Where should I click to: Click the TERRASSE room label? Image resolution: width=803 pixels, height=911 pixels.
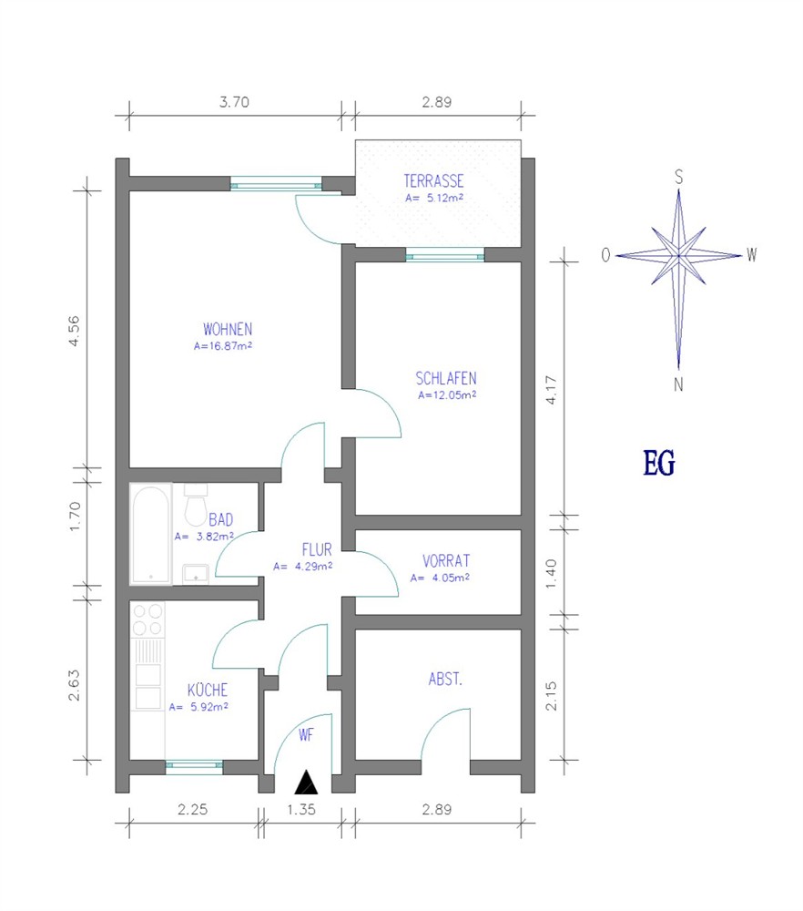tap(433, 180)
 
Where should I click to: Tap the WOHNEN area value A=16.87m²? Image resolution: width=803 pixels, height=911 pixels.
tap(223, 346)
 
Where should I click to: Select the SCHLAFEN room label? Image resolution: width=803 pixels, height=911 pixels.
tap(446, 379)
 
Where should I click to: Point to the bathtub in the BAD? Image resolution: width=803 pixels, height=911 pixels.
tap(150, 534)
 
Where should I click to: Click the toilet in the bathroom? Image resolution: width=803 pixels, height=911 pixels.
tap(196, 504)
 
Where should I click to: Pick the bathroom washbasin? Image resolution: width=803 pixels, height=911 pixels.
tap(196, 574)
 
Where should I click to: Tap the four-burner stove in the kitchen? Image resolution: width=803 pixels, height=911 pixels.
tap(147, 619)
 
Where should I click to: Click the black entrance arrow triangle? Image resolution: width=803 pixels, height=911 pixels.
tap(306, 782)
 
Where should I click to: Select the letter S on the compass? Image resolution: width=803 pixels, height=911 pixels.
tap(678, 177)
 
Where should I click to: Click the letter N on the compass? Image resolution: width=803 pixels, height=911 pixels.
tap(678, 384)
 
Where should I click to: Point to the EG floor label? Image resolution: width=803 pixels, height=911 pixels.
tap(659, 464)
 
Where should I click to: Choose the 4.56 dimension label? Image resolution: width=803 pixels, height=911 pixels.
tap(74, 332)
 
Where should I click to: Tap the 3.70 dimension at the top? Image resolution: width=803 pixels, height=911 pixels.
tap(234, 102)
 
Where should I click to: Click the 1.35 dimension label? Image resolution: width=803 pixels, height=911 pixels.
tap(301, 809)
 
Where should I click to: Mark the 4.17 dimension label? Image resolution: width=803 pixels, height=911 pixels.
tap(552, 390)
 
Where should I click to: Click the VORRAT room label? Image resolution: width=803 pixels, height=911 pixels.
tap(446, 561)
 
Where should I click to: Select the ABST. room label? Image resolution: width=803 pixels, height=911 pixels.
tap(445, 679)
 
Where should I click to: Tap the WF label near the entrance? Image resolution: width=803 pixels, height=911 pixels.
tap(305, 735)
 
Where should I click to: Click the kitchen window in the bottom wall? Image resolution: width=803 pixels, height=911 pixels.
tap(194, 766)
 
